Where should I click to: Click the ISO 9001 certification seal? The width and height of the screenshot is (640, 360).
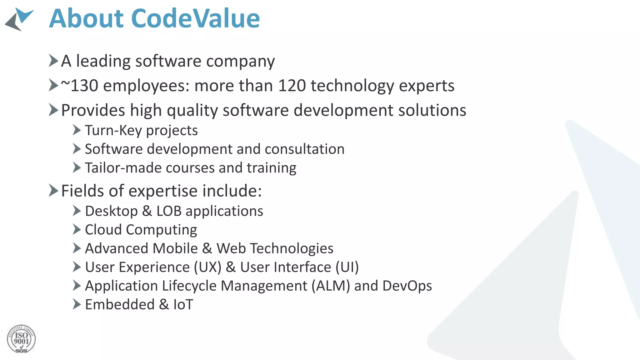tap(21, 339)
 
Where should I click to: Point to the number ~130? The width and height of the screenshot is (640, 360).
tap(79, 86)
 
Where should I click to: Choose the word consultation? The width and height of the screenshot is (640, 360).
tap(304, 149)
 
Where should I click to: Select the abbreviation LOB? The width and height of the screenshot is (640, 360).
tap(169, 211)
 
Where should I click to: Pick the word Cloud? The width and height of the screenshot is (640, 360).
tap(103, 230)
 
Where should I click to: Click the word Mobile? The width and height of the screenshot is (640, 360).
tap(175, 248)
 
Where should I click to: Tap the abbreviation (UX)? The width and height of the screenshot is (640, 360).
tap(207, 267)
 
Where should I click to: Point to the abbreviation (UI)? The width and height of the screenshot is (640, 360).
tap(347, 267)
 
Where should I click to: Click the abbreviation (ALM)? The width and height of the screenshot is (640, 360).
tap(330, 286)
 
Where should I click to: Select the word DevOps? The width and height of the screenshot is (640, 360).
tap(407, 286)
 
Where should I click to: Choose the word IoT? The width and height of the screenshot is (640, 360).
tap(183, 305)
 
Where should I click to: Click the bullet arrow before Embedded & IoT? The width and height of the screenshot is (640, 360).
tap(77, 304)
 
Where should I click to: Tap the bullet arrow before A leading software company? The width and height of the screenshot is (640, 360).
tap(53, 60)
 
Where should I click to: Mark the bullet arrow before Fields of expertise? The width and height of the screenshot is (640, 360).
tap(53, 190)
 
